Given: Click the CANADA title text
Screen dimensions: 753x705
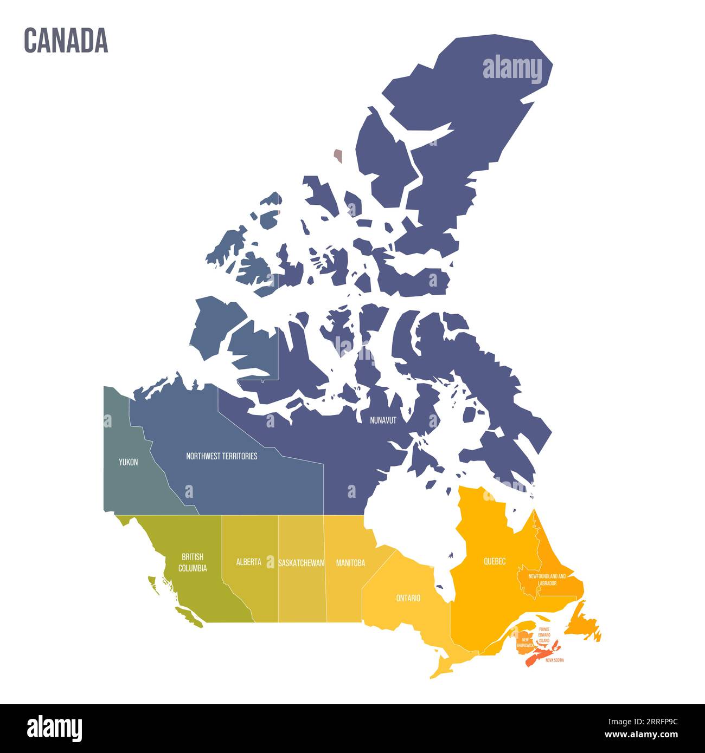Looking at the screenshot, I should coord(66,41).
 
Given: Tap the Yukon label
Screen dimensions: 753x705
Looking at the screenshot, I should coord(129,462).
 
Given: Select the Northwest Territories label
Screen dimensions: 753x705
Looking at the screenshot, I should coord(221,456).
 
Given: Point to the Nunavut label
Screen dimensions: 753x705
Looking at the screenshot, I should coord(383,420).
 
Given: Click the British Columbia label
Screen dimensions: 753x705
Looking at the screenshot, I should coord(193,563).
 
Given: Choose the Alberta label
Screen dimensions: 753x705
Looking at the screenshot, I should coord(248,562).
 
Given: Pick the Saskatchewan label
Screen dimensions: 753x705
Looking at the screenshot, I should coord(301,563).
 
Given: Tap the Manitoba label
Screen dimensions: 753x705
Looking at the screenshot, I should coord(350,563).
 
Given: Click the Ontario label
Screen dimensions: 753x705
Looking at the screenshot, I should coord(408,598).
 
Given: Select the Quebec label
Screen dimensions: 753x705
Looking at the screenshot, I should coord(495,561).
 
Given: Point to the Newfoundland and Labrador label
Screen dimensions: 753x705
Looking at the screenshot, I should coord(547,580).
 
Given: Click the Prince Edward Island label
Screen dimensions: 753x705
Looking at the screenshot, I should coord(544,635).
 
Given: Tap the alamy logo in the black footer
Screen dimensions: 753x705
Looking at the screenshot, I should coord(54,728).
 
